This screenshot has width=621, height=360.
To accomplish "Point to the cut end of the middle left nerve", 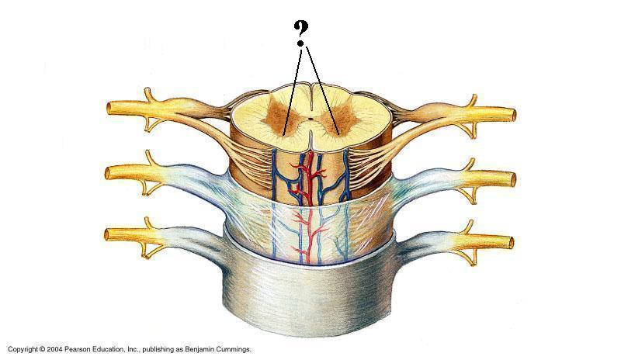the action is coord(110,171).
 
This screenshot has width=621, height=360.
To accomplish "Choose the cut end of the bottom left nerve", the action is coord(110,234).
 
